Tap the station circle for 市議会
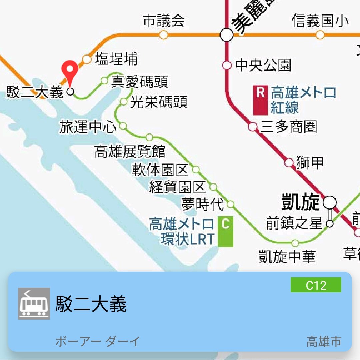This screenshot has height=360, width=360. [163, 34]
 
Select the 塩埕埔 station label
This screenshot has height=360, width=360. [116, 59]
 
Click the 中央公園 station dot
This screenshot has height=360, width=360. [227, 65]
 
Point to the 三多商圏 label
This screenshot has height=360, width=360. [289, 127]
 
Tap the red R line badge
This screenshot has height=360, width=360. [260, 100]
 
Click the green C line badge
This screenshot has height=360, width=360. [225, 232]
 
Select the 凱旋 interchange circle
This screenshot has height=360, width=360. [330, 202]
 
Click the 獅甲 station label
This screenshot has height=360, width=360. [310, 163]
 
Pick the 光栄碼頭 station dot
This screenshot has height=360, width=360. [124, 102]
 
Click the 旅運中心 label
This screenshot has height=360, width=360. [88, 127]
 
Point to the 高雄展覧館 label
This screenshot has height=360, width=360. [130, 152]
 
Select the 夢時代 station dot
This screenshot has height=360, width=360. [231, 204]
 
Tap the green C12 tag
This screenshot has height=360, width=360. [316, 285]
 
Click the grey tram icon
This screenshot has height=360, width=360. [34, 304]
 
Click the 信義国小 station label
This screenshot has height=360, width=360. [320, 21]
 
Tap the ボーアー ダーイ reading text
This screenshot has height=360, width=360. [97, 342]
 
